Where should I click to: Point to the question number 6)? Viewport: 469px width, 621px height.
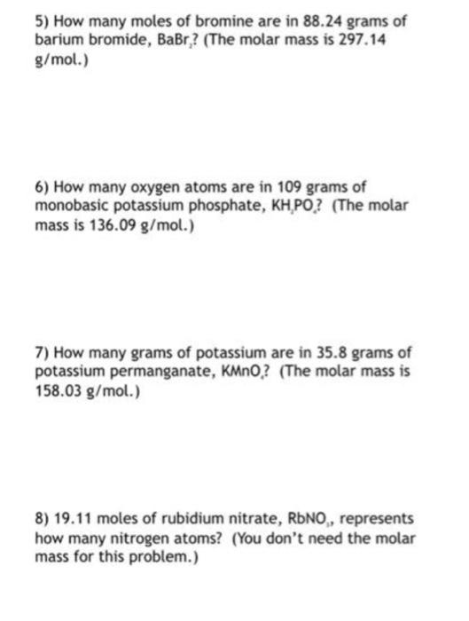[x=43, y=187]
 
